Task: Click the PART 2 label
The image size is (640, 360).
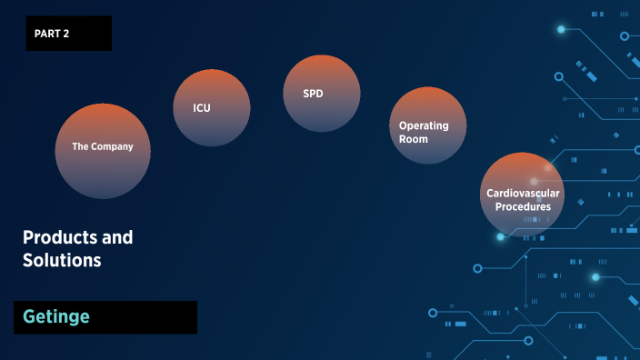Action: click(x=52, y=34)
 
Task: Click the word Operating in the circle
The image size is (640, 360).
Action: click(x=424, y=125)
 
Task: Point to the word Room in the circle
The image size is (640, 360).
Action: click(x=414, y=139)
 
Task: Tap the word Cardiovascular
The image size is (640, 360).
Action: click(x=523, y=193)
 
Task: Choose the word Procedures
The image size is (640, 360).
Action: click(x=523, y=206)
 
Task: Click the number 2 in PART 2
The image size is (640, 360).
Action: click(x=65, y=34)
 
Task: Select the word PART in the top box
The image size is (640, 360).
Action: click(x=47, y=34)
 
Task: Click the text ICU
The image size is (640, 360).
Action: click(x=202, y=108)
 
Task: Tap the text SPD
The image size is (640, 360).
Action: click(x=313, y=94)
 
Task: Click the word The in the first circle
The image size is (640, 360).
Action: click(x=81, y=146)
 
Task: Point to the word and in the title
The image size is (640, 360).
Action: click(x=117, y=237)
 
